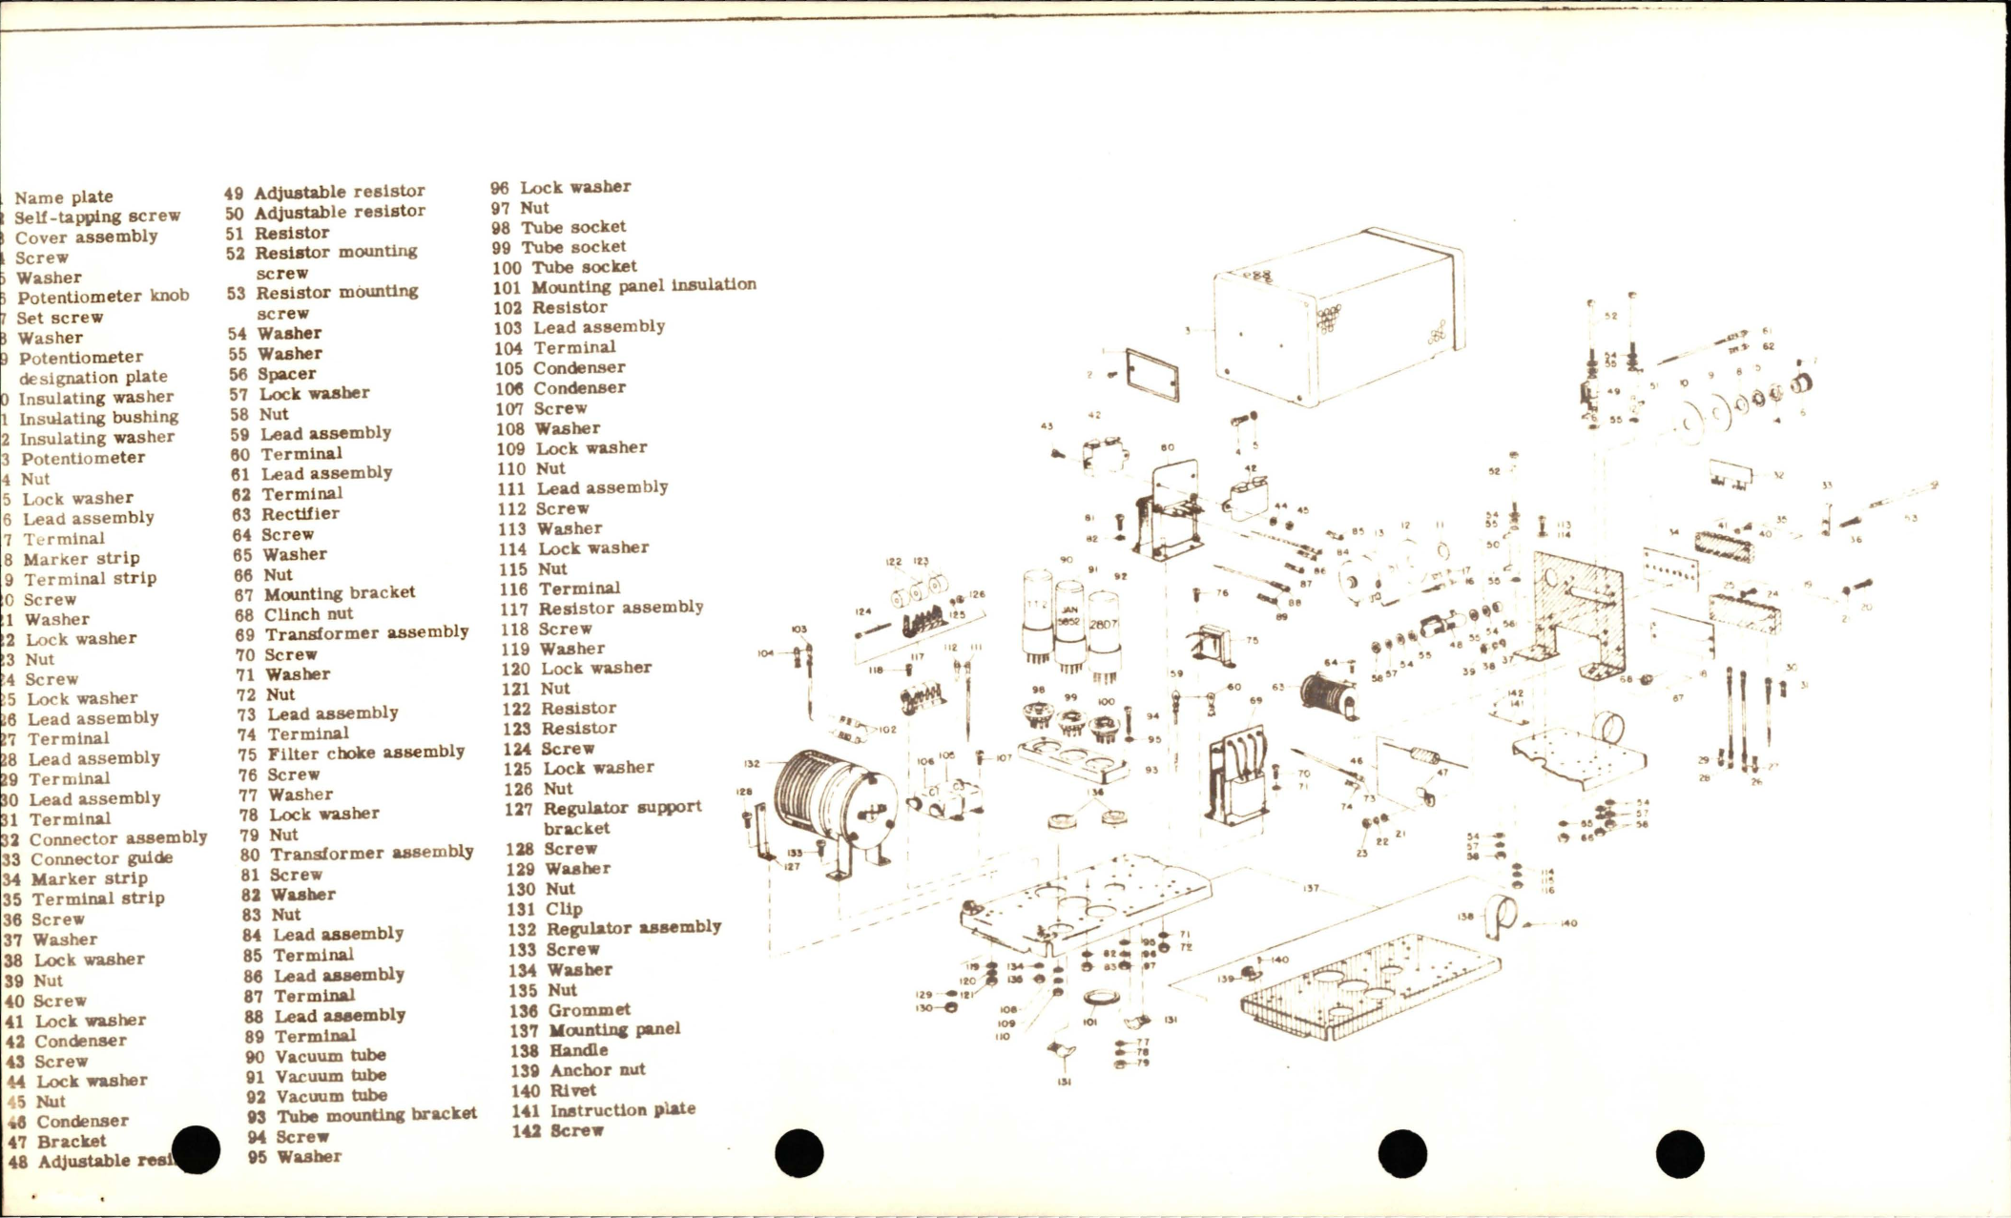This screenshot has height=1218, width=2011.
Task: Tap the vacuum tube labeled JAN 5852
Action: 1069,625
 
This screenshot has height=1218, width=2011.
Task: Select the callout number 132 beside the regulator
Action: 752,763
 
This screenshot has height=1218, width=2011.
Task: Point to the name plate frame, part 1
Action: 1151,376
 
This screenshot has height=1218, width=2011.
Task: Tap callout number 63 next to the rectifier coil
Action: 1277,687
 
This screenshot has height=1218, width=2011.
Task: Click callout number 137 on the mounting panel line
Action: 1311,888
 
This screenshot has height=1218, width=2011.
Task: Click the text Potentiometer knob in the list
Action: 103,297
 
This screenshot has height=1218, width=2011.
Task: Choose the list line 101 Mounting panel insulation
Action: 625,286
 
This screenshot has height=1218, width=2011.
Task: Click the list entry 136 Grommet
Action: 570,1010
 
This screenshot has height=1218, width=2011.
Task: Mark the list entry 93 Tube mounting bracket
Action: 363,1115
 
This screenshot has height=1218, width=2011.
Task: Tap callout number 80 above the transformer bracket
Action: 1168,447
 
